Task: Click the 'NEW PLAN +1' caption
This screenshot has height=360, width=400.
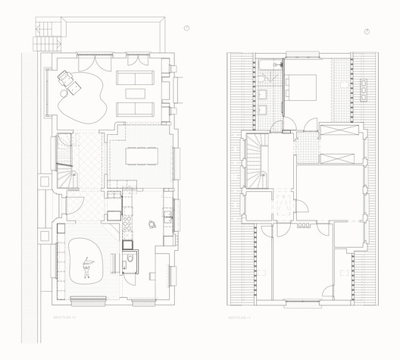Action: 240,317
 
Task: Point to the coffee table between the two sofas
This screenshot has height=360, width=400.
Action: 136,94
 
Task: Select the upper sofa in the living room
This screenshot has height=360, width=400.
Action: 136,79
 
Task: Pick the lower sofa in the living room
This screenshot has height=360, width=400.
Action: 136,109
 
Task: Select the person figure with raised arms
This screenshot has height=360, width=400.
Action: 88,266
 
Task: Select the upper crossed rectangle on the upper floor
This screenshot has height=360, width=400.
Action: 334,130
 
